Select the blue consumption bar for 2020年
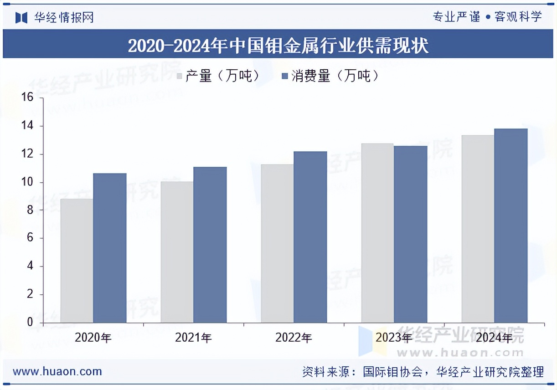(x=110, y=248)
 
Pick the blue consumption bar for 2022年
(x=310, y=237)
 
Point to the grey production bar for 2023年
(x=377, y=233)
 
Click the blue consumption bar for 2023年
(x=411, y=234)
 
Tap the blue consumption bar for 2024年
(x=511, y=226)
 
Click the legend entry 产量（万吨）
(x=218, y=76)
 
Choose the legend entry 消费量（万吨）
(x=330, y=76)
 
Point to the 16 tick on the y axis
(x=27, y=97)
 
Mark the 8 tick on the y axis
(x=30, y=210)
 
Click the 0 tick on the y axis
(x=30, y=323)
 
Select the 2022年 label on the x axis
(x=294, y=338)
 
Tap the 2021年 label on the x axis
(x=193, y=338)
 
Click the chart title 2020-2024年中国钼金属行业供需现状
(x=278, y=46)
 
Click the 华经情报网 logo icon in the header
(x=22, y=18)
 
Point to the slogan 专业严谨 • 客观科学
(x=487, y=17)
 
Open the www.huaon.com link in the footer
(x=57, y=371)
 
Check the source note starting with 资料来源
(x=423, y=372)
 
